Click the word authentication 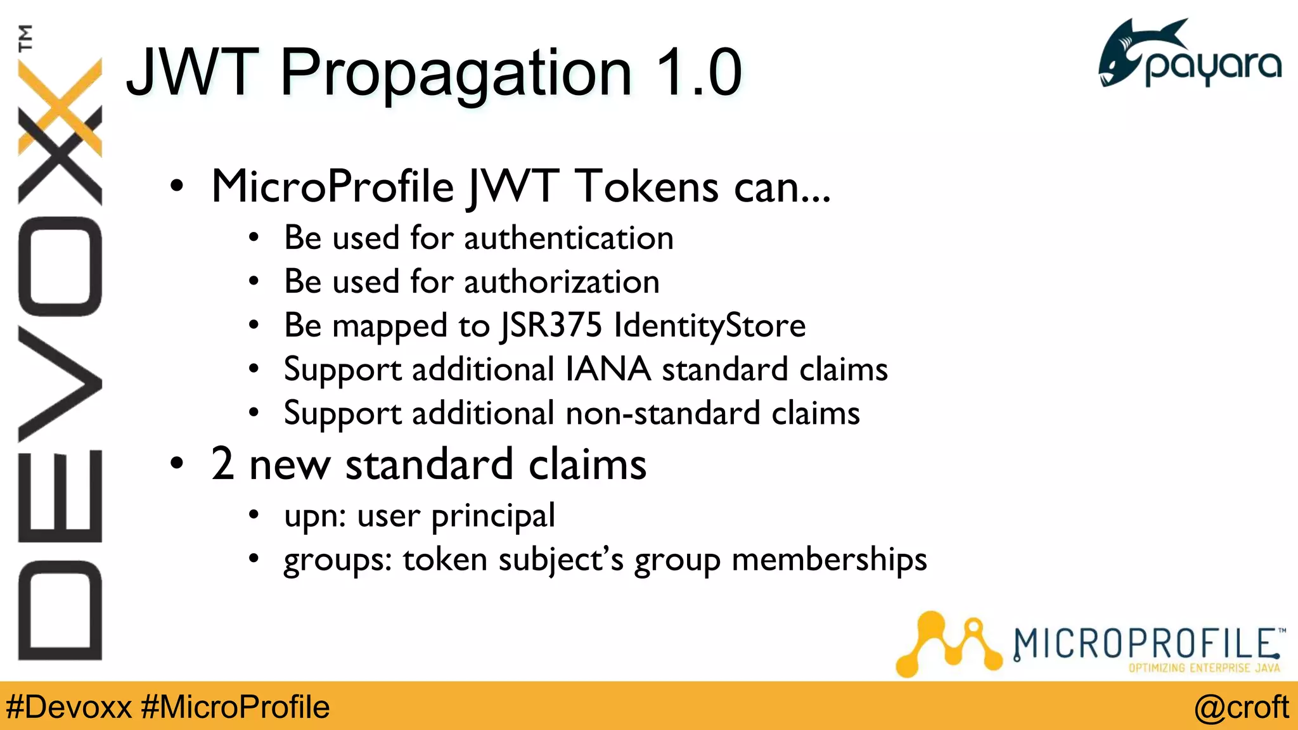pyautogui.click(x=569, y=238)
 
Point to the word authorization pyautogui.click(x=562, y=282)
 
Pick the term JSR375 pyautogui.click(x=551, y=326)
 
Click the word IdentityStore pyautogui.click(x=710, y=326)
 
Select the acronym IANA pyautogui.click(x=608, y=369)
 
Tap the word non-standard pyautogui.click(x=663, y=413)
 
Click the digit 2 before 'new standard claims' pyautogui.click(x=222, y=464)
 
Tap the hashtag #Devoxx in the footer pyautogui.click(x=68, y=707)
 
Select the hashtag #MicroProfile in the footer pyautogui.click(x=235, y=707)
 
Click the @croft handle pyautogui.click(x=1241, y=707)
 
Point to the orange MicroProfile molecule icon pyautogui.click(x=948, y=643)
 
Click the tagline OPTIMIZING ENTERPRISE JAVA pyautogui.click(x=1204, y=668)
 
